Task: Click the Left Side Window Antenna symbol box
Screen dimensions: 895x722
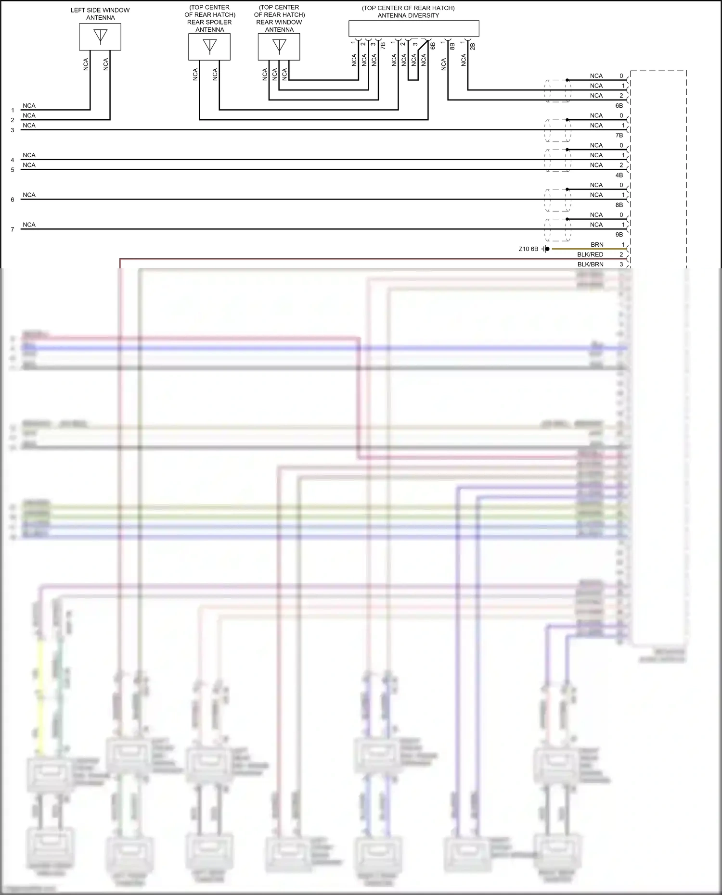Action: click(x=100, y=37)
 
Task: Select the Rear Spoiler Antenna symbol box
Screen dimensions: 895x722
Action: click(x=209, y=47)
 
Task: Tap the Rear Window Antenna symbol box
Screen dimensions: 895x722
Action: click(x=279, y=47)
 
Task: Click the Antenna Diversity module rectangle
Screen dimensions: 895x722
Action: click(x=414, y=28)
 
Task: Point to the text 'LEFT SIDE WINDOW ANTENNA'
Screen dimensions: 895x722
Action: click(x=100, y=14)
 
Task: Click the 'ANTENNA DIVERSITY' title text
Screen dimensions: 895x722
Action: click(x=408, y=15)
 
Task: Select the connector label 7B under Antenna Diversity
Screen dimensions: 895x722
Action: click(x=383, y=46)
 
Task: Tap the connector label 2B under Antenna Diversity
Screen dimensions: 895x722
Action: click(x=473, y=46)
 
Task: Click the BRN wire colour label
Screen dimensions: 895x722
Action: click(x=597, y=245)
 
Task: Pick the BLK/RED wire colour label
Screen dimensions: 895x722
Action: click(x=590, y=254)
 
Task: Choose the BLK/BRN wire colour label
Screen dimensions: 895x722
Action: click(x=590, y=265)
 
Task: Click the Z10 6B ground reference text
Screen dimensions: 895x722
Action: click(x=529, y=249)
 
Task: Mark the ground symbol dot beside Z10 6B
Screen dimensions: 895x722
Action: click(x=547, y=249)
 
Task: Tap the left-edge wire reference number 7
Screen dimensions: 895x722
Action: click(x=13, y=229)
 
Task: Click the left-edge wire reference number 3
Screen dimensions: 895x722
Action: click(x=13, y=130)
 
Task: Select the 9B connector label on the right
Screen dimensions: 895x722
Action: click(x=619, y=235)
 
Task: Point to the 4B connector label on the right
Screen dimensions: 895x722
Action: click(x=619, y=175)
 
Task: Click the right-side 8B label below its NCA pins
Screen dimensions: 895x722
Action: click(x=619, y=205)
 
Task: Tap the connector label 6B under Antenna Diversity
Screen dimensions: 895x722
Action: click(x=433, y=46)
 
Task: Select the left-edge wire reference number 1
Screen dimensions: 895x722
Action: click(x=13, y=110)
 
